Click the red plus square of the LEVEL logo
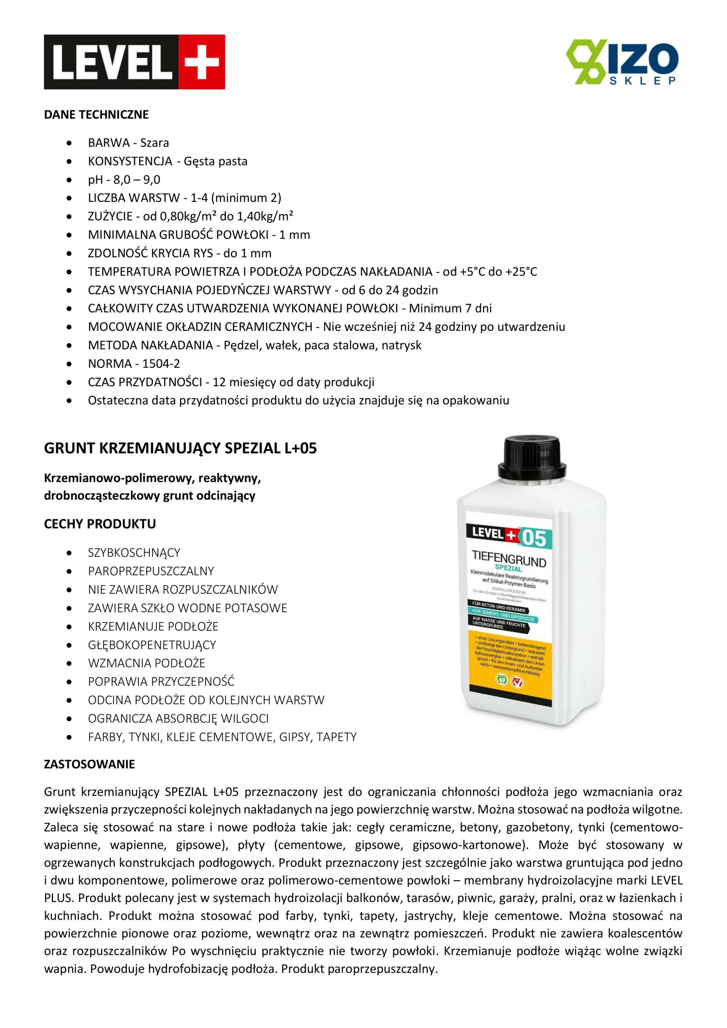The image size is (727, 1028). click(202, 62)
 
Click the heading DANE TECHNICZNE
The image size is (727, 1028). click(96, 114)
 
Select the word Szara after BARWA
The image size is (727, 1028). click(155, 143)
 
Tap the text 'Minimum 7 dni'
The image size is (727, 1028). click(450, 308)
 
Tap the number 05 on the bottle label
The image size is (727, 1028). click(536, 538)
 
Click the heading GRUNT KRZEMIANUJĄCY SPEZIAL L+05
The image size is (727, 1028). click(180, 448)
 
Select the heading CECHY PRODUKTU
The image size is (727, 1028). click(100, 524)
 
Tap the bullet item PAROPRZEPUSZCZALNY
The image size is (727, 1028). click(151, 571)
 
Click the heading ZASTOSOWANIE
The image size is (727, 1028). click(89, 764)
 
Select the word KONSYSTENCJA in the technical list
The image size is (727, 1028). click(130, 161)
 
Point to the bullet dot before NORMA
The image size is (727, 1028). click(69, 364)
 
